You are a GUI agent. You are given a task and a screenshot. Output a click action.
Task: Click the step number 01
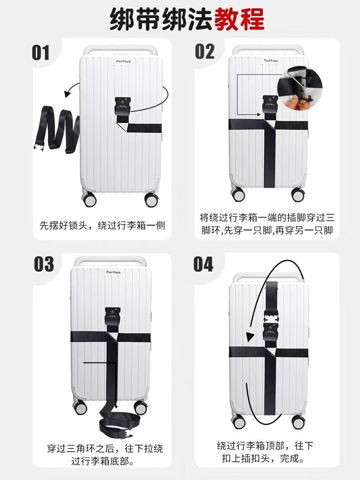click(40, 53)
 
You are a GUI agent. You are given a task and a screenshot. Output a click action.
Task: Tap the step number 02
click(205, 51)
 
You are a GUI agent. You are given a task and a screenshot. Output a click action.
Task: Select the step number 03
click(44, 264)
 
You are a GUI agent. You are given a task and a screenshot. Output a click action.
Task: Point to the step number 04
click(203, 264)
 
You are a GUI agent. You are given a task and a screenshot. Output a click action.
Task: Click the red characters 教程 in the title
click(239, 19)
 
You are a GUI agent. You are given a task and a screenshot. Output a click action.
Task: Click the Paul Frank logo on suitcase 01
click(124, 61)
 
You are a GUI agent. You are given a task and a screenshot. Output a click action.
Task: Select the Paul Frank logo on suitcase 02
click(271, 60)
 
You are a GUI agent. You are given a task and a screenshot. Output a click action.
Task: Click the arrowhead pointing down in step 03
click(116, 407)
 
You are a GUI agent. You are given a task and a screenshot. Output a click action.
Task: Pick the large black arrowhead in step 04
click(251, 337)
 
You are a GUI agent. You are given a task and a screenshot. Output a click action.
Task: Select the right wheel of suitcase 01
click(151, 199)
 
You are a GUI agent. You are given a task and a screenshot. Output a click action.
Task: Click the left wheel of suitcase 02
click(238, 194)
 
